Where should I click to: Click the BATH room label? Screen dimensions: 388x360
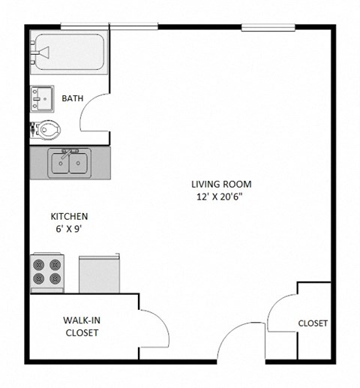click(x=73, y=98)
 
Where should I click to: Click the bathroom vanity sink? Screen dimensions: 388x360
click(x=41, y=98)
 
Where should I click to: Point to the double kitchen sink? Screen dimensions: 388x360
click(x=69, y=163)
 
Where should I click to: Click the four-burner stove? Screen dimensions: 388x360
click(x=46, y=273)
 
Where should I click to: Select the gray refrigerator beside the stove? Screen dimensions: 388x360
click(x=99, y=273)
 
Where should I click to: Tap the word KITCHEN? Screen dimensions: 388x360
click(x=69, y=216)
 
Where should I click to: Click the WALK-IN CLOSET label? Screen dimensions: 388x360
click(x=82, y=326)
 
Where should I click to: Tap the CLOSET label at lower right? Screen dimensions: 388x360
click(x=313, y=323)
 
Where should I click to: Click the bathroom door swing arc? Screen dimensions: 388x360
click(x=93, y=114)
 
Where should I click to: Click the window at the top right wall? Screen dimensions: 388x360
click(x=263, y=28)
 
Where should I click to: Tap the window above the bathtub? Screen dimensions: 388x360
click(x=85, y=28)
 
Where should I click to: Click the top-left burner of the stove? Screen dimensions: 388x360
click(x=38, y=264)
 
